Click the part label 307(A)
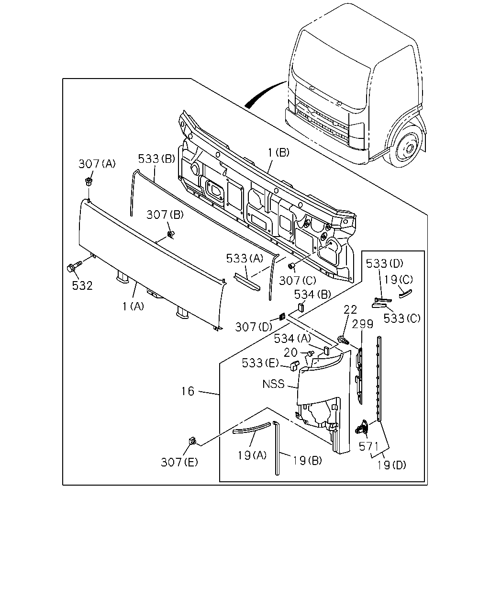(x=97, y=164)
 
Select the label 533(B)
(x=156, y=159)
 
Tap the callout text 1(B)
(x=278, y=153)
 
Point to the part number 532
(x=82, y=285)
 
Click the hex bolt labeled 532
(x=74, y=267)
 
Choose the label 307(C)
(x=298, y=281)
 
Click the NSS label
(x=273, y=384)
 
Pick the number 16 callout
(x=188, y=391)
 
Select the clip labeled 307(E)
(x=192, y=441)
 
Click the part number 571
(x=368, y=446)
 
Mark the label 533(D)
(x=384, y=263)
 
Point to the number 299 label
(x=362, y=324)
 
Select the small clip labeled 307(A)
(x=88, y=181)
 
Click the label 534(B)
(x=312, y=294)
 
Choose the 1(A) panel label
(x=133, y=306)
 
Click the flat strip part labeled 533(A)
(x=247, y=282)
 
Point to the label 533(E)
(x=260, y=363)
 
